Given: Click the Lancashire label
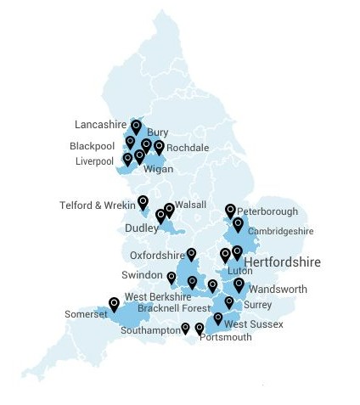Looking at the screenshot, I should point(100,122).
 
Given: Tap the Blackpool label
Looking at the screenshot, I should point(92,146).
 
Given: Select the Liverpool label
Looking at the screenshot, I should point(93,160).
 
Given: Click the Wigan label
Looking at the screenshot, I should point(159,169).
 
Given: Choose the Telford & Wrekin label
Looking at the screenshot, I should point(98,205).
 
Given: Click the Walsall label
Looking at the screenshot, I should point(192,205).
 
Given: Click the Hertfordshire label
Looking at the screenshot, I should point(282,262).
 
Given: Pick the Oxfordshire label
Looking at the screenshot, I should point(157,255).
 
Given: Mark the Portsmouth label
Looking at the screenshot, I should point(226,337).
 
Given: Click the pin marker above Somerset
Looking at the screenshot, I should point(114,303).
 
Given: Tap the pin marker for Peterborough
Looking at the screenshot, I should point(230,209).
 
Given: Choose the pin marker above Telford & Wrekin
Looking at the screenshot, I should point(143,201).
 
